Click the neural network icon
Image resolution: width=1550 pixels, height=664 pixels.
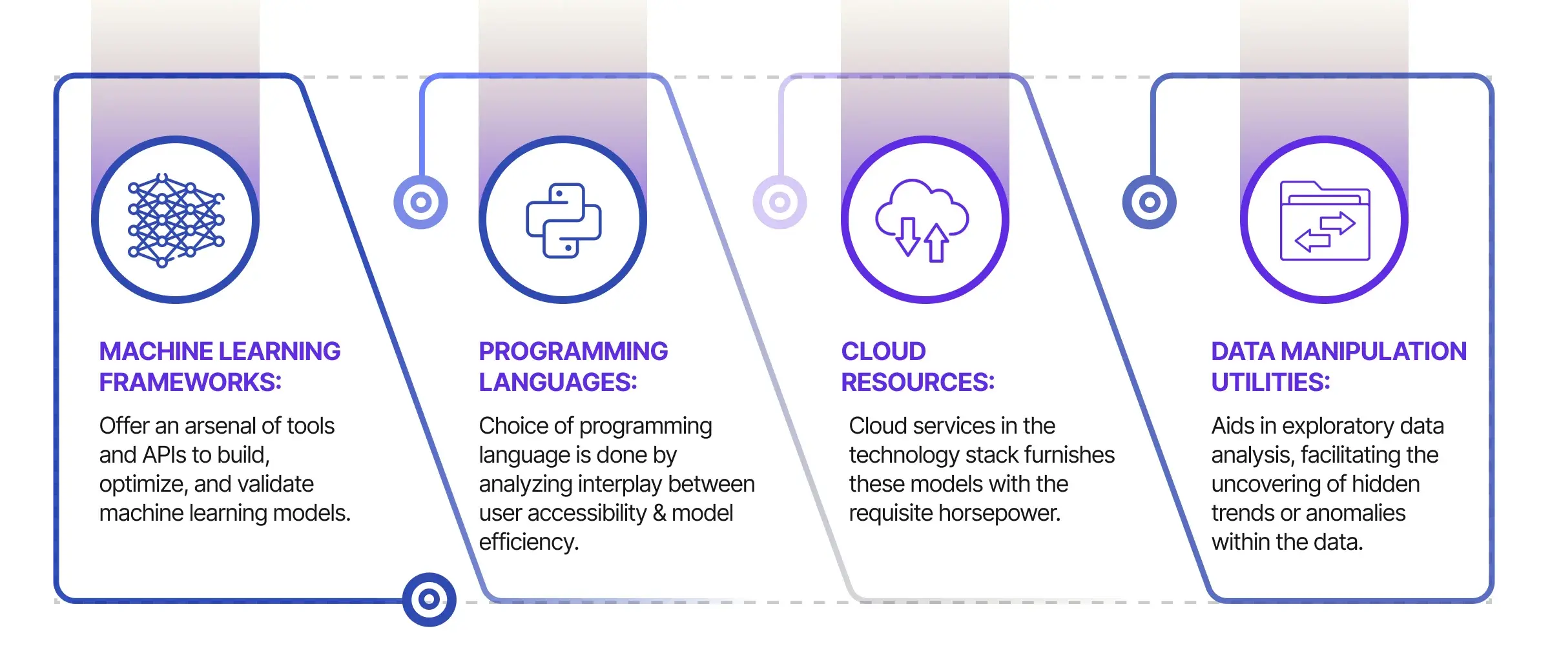pos(176,220)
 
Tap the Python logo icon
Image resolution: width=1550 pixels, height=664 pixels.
pos(563,220)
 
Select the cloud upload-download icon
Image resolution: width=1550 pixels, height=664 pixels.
pos(922,221)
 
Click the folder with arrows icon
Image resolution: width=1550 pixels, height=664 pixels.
pos(1325,221)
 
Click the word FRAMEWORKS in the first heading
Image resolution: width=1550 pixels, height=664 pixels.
pos(190,383)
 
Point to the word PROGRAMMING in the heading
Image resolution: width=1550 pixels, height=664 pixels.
pos(573,352)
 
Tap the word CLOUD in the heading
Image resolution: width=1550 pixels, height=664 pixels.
pos(883,352)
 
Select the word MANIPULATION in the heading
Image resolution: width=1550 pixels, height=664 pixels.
pos(1374,352)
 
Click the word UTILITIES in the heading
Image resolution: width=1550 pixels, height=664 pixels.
pos(1270,383)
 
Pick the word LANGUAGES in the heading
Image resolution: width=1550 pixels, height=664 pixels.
pos(558,383)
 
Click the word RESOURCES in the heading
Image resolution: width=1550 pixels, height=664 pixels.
pos(918,383)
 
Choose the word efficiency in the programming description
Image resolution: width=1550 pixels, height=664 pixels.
pos(529,543)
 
